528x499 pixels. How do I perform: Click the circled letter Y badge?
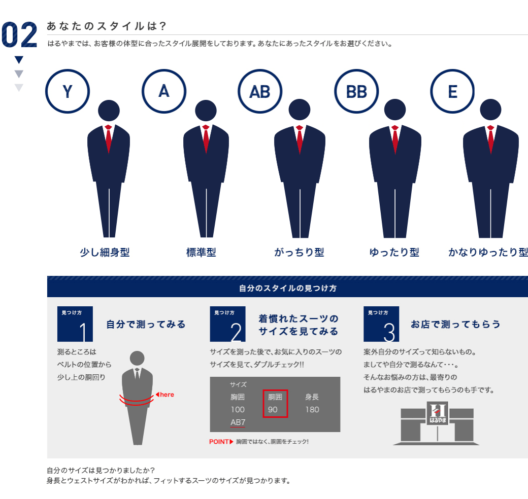[68, 91]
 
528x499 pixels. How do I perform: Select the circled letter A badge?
[163, 91]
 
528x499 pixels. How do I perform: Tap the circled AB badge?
[259, 91]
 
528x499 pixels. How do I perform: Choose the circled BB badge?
[356, 91]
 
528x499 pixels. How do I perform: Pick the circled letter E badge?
[452, 91]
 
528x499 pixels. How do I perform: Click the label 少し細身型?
[105, 252]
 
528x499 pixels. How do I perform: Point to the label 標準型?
[201, 252]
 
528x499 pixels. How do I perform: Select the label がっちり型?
[299, 252]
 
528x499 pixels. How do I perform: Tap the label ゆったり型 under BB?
[394, 252]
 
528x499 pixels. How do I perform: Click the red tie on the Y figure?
[108, 139]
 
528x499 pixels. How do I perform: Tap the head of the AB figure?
[300, 110]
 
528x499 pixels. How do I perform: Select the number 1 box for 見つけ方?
[75, 324]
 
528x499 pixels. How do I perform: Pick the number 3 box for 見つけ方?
[381, 324]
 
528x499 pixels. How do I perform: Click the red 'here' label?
[166, 395]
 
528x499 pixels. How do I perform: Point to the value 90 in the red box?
[273, 409]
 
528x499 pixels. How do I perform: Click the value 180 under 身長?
[312, 409]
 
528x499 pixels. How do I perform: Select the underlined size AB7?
[238, 422]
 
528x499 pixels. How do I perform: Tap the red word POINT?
[219, 442]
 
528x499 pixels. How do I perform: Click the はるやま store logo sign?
[437, 414]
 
